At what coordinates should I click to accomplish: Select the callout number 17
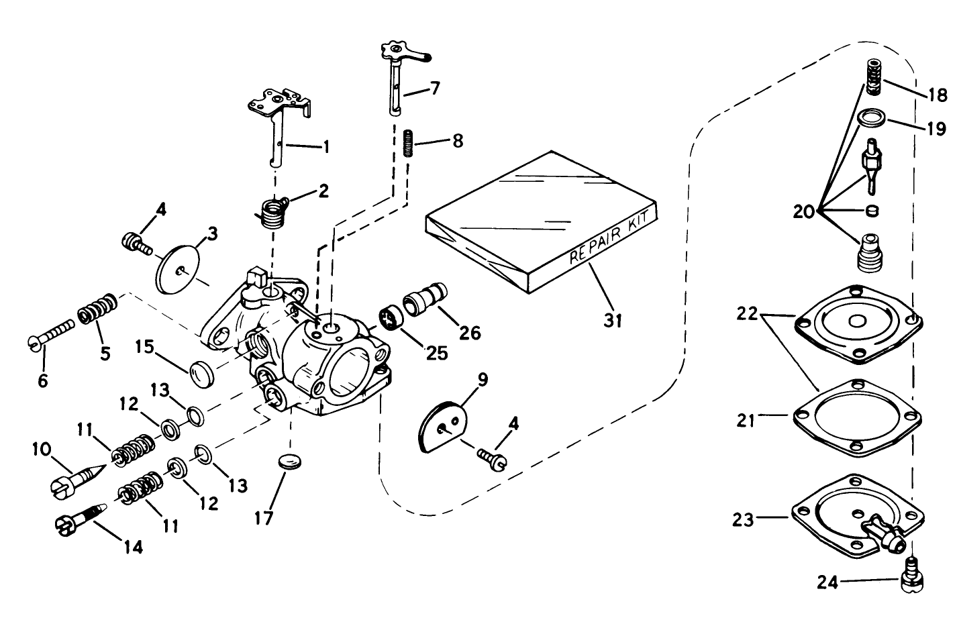pos(264,519)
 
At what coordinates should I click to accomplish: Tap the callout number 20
pos(803,212)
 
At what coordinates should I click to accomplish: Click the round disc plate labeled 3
pos(179,268)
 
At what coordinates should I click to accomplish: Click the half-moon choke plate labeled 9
pos(440,427)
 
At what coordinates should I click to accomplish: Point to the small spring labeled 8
pos(408,144)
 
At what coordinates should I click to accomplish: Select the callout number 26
pos(470,331)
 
